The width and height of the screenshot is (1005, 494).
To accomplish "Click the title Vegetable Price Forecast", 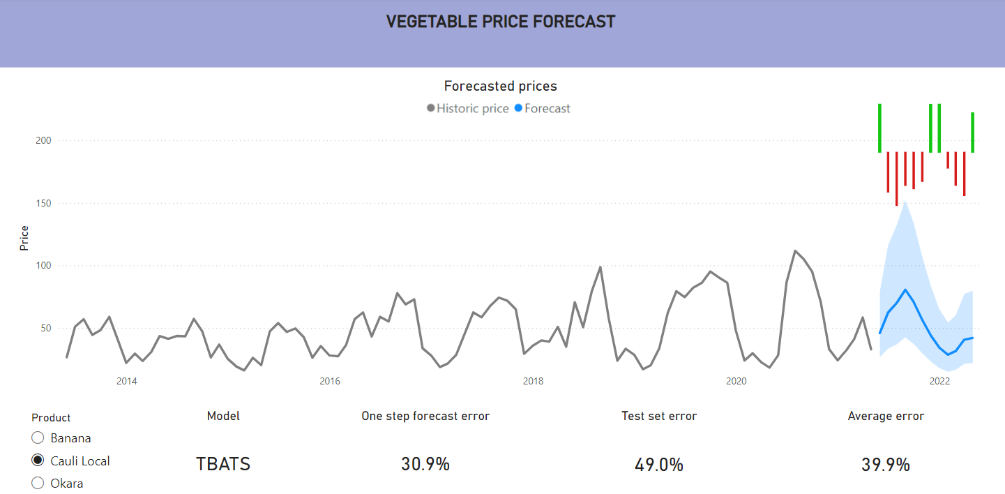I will coord(501,22).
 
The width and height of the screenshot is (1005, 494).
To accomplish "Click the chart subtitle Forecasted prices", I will coord(501,87).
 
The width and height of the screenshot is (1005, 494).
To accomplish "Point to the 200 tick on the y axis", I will coord(44,141).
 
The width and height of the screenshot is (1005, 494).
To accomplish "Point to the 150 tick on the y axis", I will coord(44,204).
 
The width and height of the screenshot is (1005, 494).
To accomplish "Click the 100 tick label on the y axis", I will coord(44,266).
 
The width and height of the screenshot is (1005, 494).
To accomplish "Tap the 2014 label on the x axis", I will coord(126,381).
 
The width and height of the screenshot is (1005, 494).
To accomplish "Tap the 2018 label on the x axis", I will coord(533,381).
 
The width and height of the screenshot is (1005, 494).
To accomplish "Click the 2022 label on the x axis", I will coord(939,381).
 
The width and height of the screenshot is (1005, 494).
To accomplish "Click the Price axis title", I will coord(24,238).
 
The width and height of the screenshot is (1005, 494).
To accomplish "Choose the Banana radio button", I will coord(38,438).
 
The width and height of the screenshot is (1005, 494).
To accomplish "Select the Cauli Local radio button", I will coord(38,461).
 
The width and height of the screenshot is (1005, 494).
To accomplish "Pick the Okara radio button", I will coord(38,483).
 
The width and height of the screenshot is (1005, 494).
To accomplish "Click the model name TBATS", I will coord(223,464).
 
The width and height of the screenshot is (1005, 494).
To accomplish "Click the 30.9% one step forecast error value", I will coord(425,464).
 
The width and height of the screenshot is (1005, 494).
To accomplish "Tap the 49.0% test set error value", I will coord(659,465).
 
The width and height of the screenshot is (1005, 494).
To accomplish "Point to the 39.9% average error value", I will coord(886,465).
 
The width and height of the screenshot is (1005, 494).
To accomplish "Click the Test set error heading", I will coord(659,417).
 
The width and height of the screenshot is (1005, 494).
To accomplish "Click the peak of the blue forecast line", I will coord(905,290).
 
